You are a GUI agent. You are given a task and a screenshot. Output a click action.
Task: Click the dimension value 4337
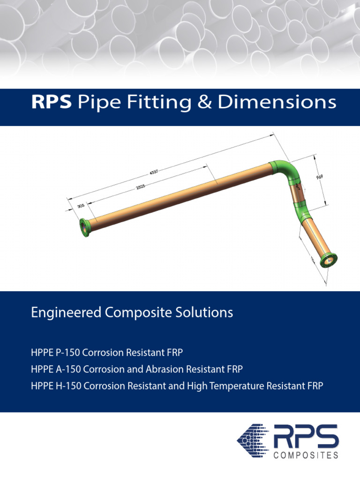tap(154, 172)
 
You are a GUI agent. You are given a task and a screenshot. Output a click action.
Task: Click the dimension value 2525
tap(141, 187)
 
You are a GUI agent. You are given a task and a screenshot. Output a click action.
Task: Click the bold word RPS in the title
tap(51, 103)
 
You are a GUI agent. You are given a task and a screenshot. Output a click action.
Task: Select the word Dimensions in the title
tap(277, 103)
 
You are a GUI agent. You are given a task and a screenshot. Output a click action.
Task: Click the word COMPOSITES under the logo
tap(305, 455)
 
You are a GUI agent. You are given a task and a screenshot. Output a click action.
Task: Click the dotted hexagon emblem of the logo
tap(254, 441)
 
